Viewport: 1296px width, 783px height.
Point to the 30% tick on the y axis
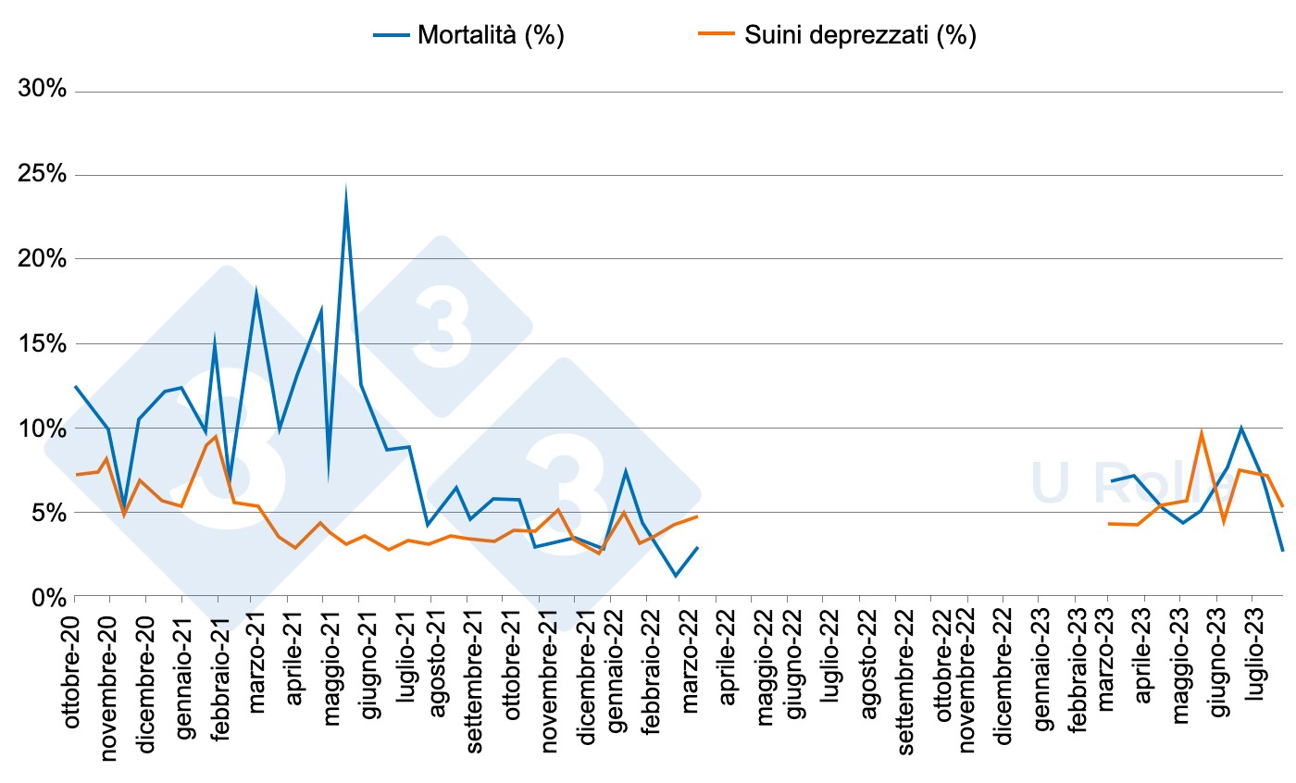(43, 91)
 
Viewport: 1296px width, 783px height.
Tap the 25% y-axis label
(43, 175)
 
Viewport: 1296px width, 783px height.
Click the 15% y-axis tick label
(43, 344)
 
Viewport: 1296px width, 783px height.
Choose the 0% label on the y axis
(48, 597)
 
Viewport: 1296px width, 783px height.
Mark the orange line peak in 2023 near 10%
(1201, 432)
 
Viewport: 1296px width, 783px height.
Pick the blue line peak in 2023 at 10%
(1240, 428)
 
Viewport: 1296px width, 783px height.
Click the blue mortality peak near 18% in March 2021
(255, 292)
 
